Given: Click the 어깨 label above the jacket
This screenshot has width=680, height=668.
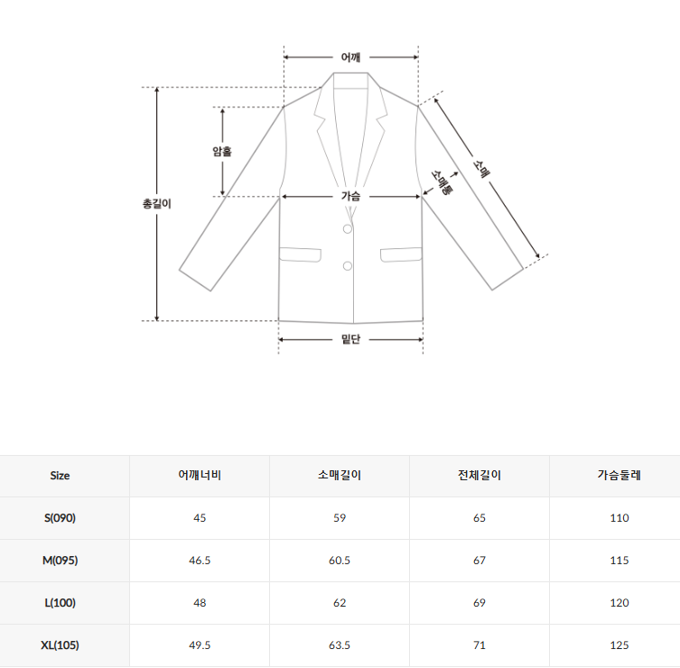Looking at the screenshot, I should click(350, 58).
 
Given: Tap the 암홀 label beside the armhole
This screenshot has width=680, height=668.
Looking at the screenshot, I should click(222, 152).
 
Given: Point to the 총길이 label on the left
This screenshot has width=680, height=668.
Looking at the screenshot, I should click(157, 204).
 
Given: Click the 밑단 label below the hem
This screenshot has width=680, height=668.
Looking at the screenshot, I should click(350, 339).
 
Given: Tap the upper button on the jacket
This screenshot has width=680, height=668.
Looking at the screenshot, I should click(347, 230).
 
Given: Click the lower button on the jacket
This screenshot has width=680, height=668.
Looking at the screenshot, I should click(347, 265).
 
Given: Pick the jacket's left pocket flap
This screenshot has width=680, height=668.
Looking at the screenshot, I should click(300, 255).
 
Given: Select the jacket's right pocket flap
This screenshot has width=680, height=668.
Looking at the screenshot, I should click(401, 255).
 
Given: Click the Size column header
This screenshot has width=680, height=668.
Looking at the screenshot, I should click(60, 476).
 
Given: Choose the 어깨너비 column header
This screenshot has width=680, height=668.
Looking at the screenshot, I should click(200, 476).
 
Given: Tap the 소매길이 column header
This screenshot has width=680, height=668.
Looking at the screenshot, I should click(340, 476).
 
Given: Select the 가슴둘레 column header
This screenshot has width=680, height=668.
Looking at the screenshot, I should click(619, 476).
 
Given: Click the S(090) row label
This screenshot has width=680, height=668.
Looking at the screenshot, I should click(60, 518).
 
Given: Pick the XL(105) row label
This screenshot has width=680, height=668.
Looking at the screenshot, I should click(60, 645).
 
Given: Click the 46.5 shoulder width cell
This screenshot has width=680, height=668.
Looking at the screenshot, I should click(200, 561).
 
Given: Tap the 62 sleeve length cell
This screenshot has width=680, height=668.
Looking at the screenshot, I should click(340, 603).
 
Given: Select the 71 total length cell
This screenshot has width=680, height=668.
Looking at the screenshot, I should click(479, 645).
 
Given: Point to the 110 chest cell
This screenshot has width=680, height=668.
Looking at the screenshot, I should click(619, 518).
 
